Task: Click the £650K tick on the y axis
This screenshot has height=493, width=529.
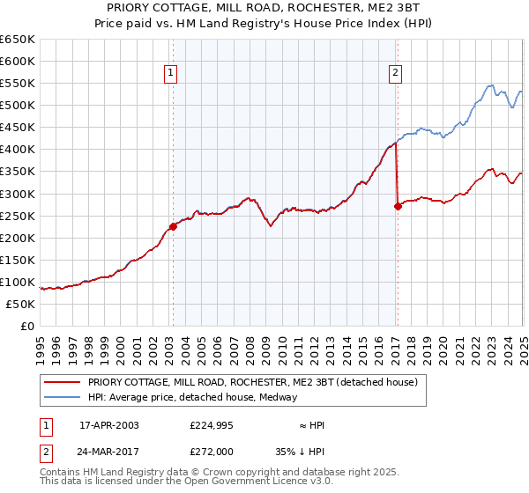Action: point(18,40)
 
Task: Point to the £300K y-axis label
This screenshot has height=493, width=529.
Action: point(18,194)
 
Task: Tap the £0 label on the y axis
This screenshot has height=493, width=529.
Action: point(28,326)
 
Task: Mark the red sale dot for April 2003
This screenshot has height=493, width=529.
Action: point(173,226)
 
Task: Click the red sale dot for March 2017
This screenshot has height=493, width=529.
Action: point(398,206)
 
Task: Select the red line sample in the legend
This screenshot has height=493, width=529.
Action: point(62,382)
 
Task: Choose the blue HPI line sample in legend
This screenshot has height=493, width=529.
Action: point(62,397)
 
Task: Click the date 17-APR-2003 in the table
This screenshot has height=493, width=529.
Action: point(108,425)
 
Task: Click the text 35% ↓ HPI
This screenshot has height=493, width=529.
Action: point(310,451)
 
